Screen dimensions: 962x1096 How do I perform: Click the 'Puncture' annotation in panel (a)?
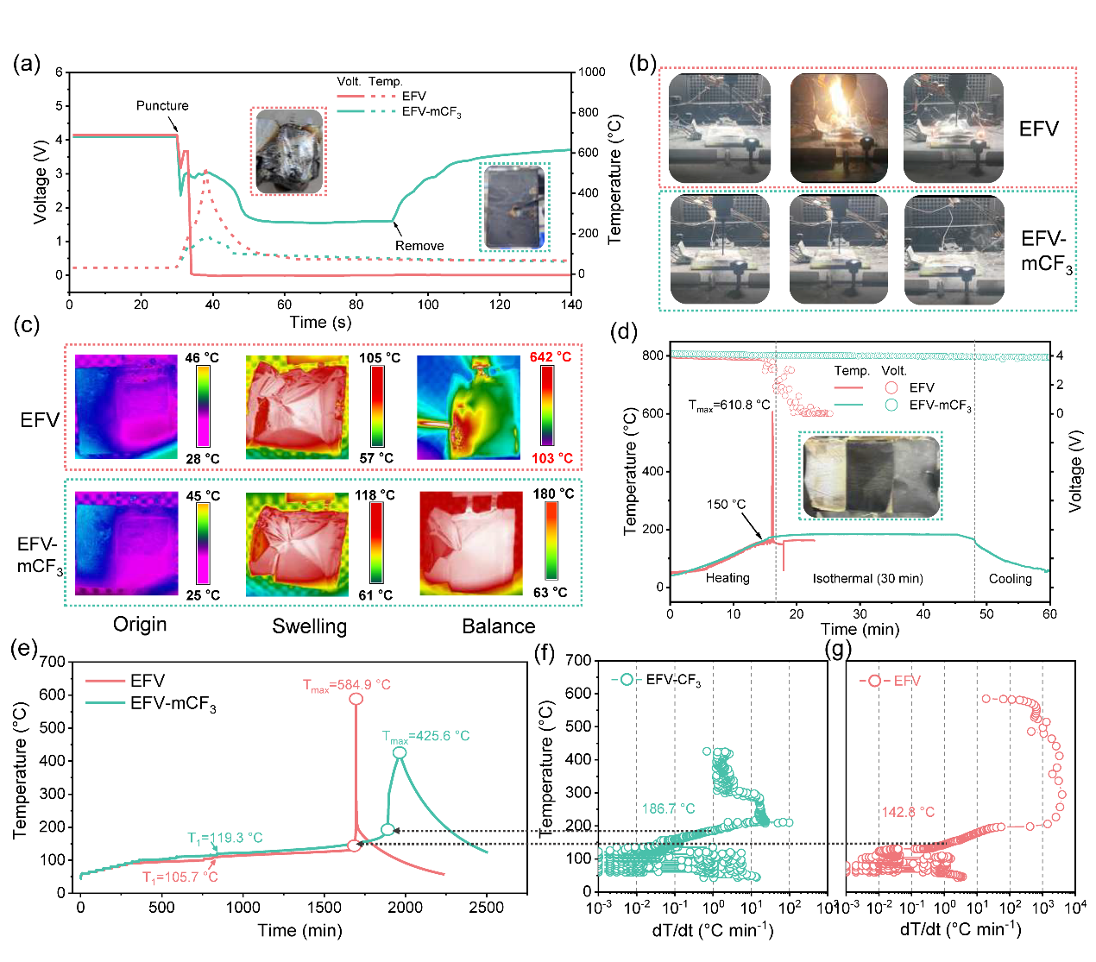(162, 105)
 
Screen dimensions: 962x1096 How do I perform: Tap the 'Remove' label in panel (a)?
(419, 246)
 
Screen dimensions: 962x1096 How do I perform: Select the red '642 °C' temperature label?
(551, 357)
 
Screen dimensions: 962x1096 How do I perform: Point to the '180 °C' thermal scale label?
(553, 494)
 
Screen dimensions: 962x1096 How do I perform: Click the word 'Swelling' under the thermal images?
(309, 626)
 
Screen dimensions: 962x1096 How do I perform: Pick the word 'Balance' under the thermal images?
(499, 626)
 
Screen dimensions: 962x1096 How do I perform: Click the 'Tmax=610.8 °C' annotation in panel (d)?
(729, 406)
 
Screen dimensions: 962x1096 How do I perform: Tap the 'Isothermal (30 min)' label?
(867, 578)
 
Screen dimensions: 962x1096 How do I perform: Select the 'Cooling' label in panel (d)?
(1011, 578)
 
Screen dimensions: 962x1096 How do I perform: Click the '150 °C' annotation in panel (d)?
(726, 505)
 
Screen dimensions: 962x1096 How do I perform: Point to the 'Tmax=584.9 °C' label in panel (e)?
(347, 685)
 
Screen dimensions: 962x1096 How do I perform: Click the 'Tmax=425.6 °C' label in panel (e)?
(426, 737)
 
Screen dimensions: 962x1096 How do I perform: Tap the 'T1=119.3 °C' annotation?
(225, 838)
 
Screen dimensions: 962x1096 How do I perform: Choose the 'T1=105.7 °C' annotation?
(180, 877)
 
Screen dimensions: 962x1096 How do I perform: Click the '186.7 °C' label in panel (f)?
(668, 808)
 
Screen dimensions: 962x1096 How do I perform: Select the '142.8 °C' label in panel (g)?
(908, 812)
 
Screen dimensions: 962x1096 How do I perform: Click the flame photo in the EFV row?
(839, 128)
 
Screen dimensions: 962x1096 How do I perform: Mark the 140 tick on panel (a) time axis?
(571, 304)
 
